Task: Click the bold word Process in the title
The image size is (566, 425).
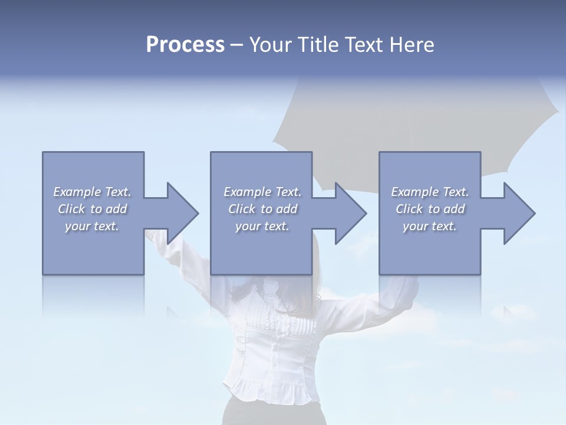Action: click(x=185, y=45)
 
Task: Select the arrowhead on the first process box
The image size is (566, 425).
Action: click(x=180, y=213)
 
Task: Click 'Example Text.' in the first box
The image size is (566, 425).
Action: click(x=93, y=192)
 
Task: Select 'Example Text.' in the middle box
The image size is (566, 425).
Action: click(x=262, y=192)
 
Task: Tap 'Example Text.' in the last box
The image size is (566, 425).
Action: click(x=430, y=192)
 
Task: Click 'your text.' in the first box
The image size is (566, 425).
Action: click(x=93, y=226)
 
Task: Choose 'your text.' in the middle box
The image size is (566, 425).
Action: click(x=262, y=226)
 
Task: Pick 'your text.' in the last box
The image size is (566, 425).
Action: click(x=430, y=226)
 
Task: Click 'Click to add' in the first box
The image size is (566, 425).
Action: click(x=93, y=209)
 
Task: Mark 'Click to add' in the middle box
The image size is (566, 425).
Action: click(x=262, y=209)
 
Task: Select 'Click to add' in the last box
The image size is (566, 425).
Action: click(x=430, y=209)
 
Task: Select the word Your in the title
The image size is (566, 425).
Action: click(x=271, y=45)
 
